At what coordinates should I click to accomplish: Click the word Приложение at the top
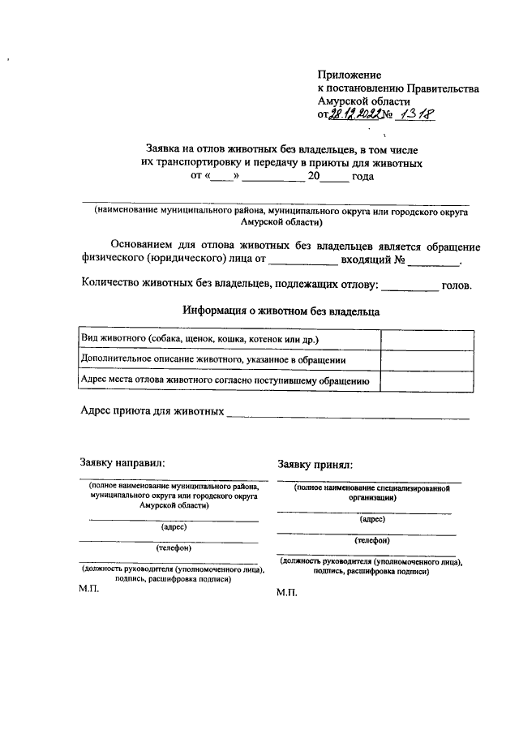(348, 75)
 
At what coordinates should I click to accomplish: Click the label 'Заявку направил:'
(122, 462)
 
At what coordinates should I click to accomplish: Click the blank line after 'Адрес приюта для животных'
(348, 414)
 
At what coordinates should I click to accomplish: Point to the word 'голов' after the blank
(456, 285)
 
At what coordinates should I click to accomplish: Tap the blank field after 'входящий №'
(433, 262)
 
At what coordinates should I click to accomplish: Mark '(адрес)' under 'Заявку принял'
(368, 518)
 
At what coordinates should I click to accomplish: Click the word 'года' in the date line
(362, 176)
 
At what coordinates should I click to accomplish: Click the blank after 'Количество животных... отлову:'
(410, 286)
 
